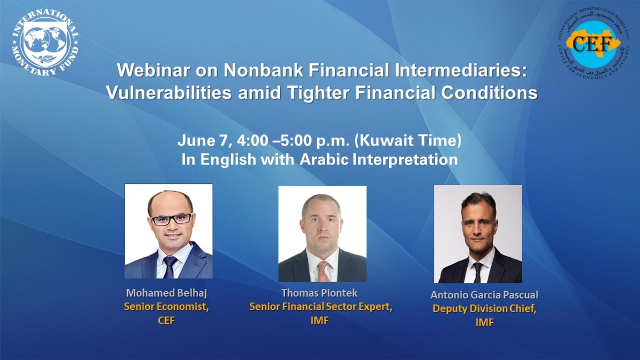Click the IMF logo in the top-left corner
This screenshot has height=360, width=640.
[45, 43]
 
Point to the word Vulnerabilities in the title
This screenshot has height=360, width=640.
[169, 93]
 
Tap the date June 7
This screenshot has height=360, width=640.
[202, 141]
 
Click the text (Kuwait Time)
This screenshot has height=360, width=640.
[408, 141]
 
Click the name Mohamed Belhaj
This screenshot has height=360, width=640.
[167, 293]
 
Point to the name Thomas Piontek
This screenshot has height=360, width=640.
[319, 293]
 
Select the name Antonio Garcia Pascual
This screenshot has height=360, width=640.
[484, 294]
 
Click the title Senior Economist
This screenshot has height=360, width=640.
[167, 307]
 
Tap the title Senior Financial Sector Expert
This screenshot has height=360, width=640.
[321, 307]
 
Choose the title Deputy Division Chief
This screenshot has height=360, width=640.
[484, 308]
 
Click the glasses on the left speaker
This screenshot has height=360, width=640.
[172, 219]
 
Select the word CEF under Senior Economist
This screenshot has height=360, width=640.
[166, 321]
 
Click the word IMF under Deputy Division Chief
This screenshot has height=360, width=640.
[484, 322]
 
